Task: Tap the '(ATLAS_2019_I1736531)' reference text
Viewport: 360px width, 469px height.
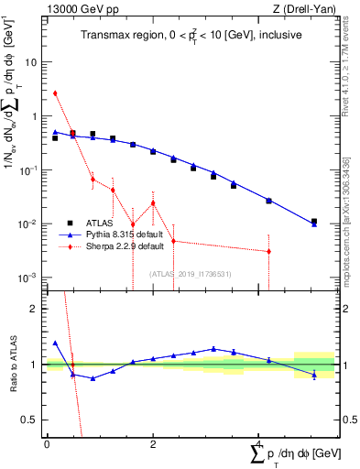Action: click(x=191, y=274)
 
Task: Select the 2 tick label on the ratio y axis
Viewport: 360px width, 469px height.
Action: click(x=35, y=309)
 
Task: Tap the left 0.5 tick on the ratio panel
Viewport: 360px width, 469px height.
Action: click(x=31, y=420)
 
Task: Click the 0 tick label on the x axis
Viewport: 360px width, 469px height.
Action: click(x=47, y=443)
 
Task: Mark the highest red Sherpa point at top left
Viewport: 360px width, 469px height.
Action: click(x=55, y=93)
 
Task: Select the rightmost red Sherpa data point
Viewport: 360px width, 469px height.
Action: click(x=268, y=251)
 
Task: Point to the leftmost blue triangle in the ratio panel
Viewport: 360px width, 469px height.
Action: click(x=55, y=343)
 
